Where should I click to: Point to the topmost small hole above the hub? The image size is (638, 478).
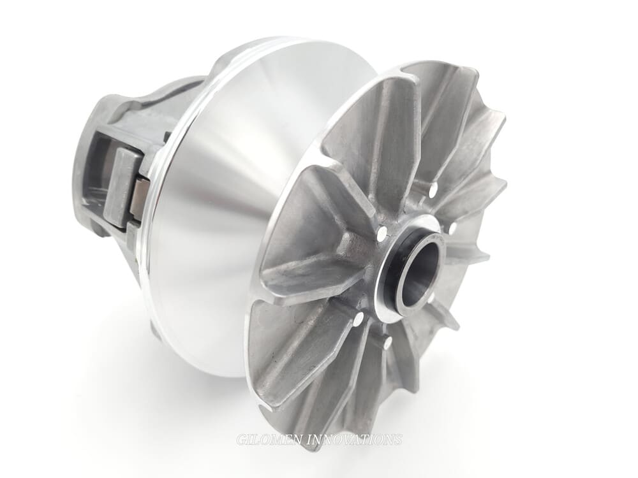pyautogui.click(x=433, y=190)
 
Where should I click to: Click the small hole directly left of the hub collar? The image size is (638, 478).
pyautogui.click(x=382, y=234)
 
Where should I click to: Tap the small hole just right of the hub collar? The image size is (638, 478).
pyautogui.click(x=452, y=228)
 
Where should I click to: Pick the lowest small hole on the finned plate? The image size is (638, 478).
pyautogui.click(x=387, y=344)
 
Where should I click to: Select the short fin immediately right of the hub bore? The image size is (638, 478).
pyautogui.click(x=466, y=255)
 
